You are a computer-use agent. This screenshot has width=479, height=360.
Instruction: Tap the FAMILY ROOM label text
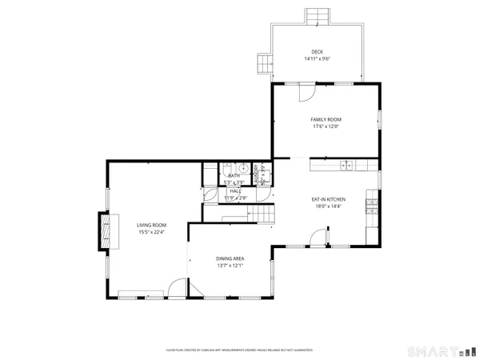click(325, 119)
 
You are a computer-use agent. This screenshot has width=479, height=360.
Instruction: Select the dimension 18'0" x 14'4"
click(327, 206)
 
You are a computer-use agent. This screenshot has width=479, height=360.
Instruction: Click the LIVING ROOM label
click(150, 226)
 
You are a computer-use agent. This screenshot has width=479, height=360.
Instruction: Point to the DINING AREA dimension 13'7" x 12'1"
click(230, 266)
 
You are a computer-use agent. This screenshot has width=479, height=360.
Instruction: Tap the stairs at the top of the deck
click(317, 17)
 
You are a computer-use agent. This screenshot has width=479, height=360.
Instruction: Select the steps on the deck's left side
click(265, 64)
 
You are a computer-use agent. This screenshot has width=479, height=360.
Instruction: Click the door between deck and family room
click(306, 92)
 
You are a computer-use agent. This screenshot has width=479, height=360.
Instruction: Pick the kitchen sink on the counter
click(347, 166)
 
